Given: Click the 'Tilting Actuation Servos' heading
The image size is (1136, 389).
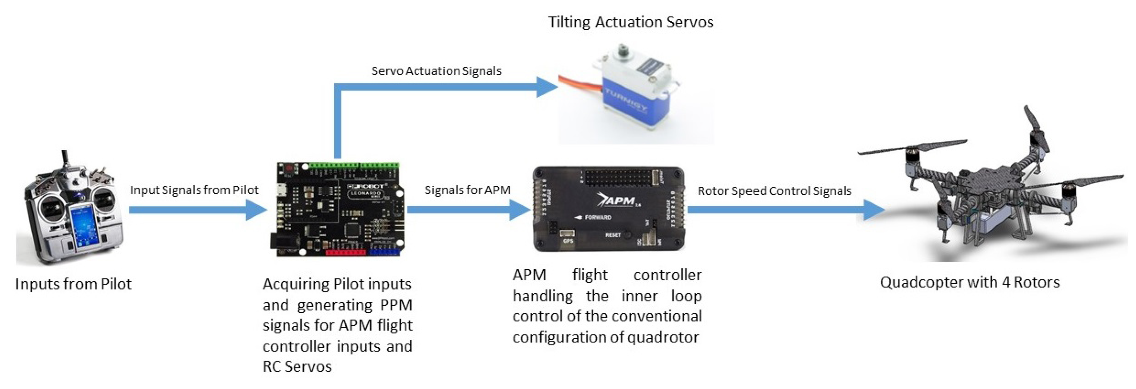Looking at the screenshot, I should (631, 22).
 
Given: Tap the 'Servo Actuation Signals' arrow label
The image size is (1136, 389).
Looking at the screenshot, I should (436, 71).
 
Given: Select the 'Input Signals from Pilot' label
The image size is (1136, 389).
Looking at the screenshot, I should (194, 190).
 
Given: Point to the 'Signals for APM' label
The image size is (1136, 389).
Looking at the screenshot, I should (467, 190).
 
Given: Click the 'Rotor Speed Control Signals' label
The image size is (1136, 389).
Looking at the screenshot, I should (774, 191).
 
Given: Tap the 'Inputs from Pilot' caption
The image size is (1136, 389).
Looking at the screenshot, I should (73, 284).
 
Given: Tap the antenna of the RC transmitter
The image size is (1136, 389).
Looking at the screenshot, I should (65, 161).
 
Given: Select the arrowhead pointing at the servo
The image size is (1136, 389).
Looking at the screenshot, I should (546, 87).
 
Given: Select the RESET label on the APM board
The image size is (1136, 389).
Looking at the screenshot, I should (613, 235).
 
